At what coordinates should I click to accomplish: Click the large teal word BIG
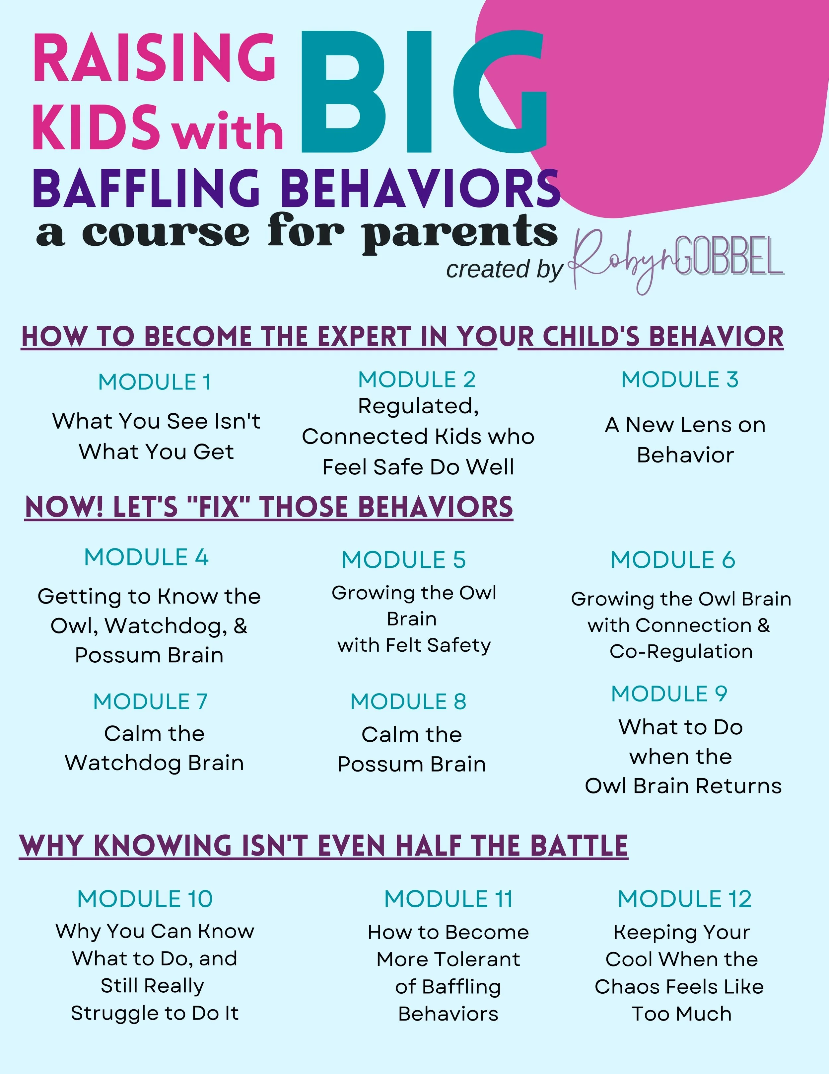click(x=423, y=93)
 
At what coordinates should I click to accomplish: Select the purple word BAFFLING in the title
click(x=146, y=188)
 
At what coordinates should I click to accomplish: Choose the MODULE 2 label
click(x=417, y=380)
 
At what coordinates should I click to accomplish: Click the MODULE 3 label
click(x=680, y=380)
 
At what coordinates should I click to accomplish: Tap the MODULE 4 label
click(x=146, y=558)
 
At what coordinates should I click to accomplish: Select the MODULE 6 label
click(x=673, y=560)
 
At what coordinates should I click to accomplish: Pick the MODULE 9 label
click(x=669, y=694)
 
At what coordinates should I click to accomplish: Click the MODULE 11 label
click(x=449, y=899)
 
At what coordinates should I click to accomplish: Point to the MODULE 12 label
click(x=684, y=899)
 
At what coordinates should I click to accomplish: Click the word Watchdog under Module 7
click(x=122, y=763)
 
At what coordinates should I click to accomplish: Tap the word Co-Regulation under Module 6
click(x=681, y=652)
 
